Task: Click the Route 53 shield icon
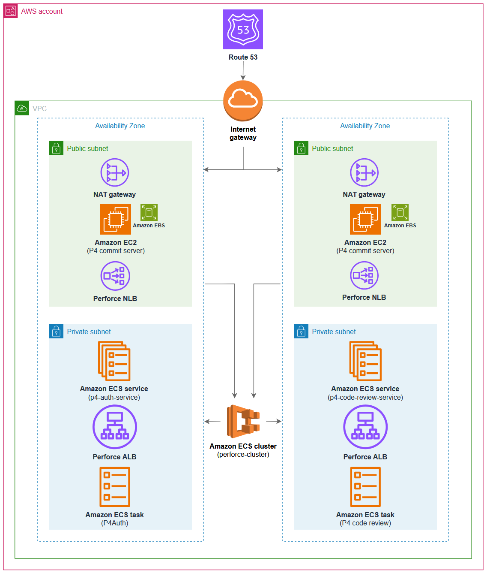(243, 30)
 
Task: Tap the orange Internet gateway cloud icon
(243, 101)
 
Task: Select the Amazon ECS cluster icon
(243, 421)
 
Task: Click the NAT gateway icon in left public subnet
(115, 172)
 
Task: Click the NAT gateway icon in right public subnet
(364, 172)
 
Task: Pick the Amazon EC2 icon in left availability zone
(116, 219)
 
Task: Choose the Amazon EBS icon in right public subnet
(400, 212)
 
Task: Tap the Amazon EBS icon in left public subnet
(149, 212)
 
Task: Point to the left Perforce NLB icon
(115, 276)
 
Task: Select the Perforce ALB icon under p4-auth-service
(115, 427)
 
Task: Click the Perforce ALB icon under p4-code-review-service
(365, 427)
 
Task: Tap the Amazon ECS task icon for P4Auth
(115, 487)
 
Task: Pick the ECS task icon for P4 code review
(365, 487)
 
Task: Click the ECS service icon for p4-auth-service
(114, 361)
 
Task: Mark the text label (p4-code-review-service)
(365, 398)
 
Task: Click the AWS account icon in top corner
(11, 11)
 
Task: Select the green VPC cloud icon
(22, 108)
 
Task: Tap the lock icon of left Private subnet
(56, 331)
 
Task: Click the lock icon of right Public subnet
(301, 148)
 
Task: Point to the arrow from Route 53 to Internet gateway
(243, 71)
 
